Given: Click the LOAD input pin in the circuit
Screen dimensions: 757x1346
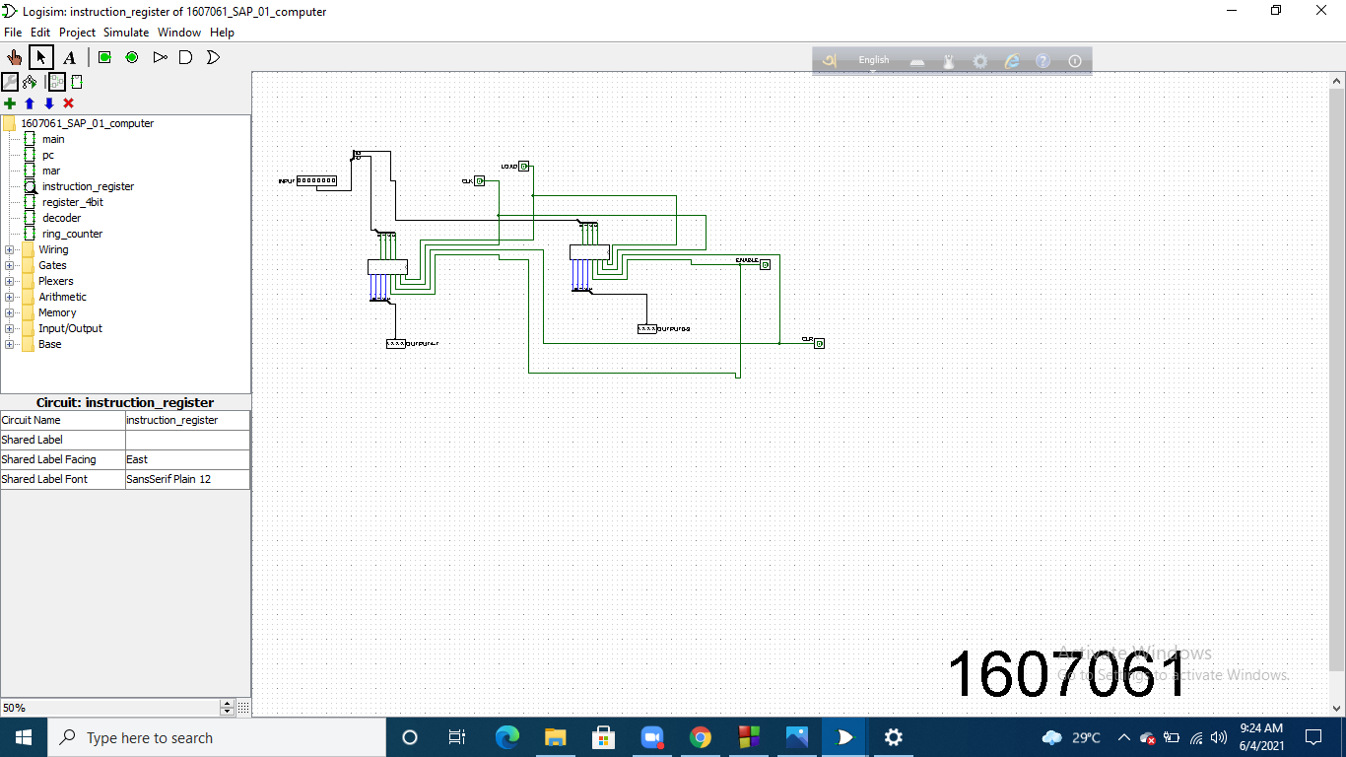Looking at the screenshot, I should pyautogui.click(x=525, y=167).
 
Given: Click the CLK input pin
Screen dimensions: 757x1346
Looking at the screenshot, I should pyautogui.click(x=479, y=181).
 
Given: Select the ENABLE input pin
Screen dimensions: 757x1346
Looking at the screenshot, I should pyautogui.click(x=765, y=264).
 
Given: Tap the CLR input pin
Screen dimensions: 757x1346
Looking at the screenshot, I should pyautogui.click(x=819, y=343).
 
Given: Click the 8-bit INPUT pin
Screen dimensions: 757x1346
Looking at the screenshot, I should pyautogui.click(x=316, y=181).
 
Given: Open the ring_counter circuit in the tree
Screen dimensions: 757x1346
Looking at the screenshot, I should pyautogui.click(x=72, y=234).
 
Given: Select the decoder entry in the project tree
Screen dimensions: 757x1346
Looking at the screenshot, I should pyautogui.click(x=61, y=218).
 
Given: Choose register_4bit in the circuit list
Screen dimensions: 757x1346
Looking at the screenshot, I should pyautogui.click(x=72, y=202).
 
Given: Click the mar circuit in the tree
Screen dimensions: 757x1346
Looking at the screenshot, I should pyautogui.click(x=51, y=171).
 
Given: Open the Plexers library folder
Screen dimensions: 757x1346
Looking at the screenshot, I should pyautogui.click(x=55, y=281).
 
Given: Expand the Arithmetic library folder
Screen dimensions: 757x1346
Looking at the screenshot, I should pyautogui.click(x=62, y=297).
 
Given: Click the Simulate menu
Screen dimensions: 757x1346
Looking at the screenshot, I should pyautogui.click(x=126, y=33).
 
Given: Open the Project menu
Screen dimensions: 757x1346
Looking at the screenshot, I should pyautogui.click(x=77, y=33).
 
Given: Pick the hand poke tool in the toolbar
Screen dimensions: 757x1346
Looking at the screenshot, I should pyautogui.click(x=15, y=57).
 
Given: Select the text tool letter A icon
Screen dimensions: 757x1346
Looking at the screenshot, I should pyautogui.click(x=69, y=57).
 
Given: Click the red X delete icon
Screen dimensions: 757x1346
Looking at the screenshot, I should pyautogui.click(x=68, y=103).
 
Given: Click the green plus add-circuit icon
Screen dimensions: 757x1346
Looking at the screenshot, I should pyautogui.click(x=10, y=103).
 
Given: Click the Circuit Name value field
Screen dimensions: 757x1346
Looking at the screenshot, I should pyautogui.click(x=187, y=420).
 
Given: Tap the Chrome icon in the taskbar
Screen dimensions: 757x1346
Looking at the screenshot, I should pyautogui.click(x=701, y=737).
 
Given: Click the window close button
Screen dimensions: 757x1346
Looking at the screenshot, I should pyautogui.click(x=1321, y=11).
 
